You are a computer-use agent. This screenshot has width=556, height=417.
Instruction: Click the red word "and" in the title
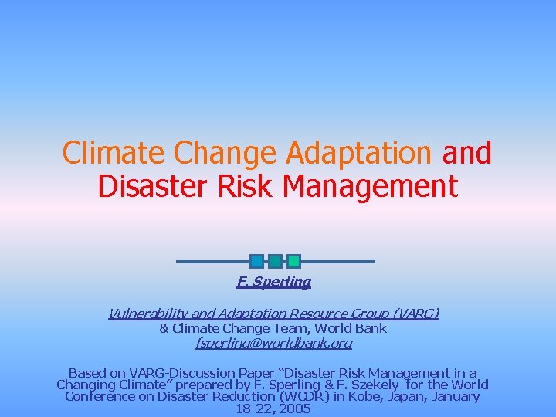click(x=466, y=153)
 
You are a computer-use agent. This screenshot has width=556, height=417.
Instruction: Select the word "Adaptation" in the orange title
click(x=358, y=153)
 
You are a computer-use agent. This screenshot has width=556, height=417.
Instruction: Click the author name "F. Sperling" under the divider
click(x=273, y=282)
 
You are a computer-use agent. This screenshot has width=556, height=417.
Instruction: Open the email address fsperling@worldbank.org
click(x=274, y=342)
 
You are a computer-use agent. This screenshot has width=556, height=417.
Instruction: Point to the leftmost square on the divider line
click(x=257, y=261)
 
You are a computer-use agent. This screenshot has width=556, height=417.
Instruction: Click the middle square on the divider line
click(x=275, y=261)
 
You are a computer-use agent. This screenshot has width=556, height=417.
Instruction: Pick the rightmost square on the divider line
click(x=293, y=261)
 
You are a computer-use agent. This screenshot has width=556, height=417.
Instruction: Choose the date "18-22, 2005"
click(x=273, y=409)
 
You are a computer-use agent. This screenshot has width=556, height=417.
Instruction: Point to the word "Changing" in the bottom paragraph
click(x=84, y=384)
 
